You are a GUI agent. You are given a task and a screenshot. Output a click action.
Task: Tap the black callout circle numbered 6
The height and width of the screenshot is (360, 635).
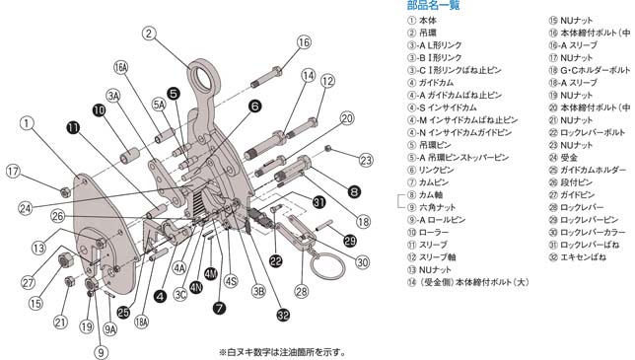point(254,106)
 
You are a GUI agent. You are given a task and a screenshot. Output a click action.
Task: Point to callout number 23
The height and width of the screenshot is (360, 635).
point(366,161)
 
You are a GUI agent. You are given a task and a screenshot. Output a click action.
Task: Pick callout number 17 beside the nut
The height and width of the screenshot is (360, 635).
point(12,171)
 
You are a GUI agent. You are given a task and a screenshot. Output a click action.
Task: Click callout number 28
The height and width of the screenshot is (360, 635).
point(300,291)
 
